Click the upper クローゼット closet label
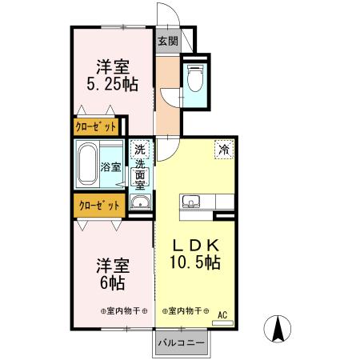(x=96, y=126)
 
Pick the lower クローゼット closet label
(x=98, y=205)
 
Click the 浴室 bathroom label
(x=110, y=168)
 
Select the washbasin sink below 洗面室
(x=140, y=201)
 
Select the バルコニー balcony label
(x=180, y=342)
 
